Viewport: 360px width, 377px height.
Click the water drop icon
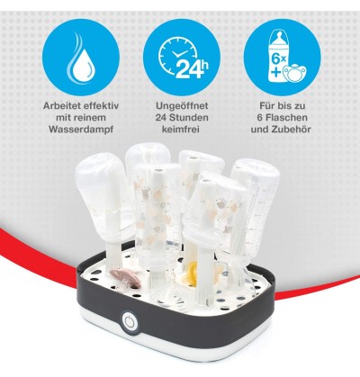(80, 64)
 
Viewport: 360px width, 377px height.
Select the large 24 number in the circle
(187, 69)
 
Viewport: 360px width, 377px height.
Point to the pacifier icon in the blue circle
(294, 73)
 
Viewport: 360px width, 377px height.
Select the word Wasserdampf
(81, 130)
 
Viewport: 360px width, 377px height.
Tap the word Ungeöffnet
(182, 106)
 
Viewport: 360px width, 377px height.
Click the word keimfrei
(181, 130)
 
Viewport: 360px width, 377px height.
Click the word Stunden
(191, 118)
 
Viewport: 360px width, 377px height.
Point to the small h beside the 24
(204, 65)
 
